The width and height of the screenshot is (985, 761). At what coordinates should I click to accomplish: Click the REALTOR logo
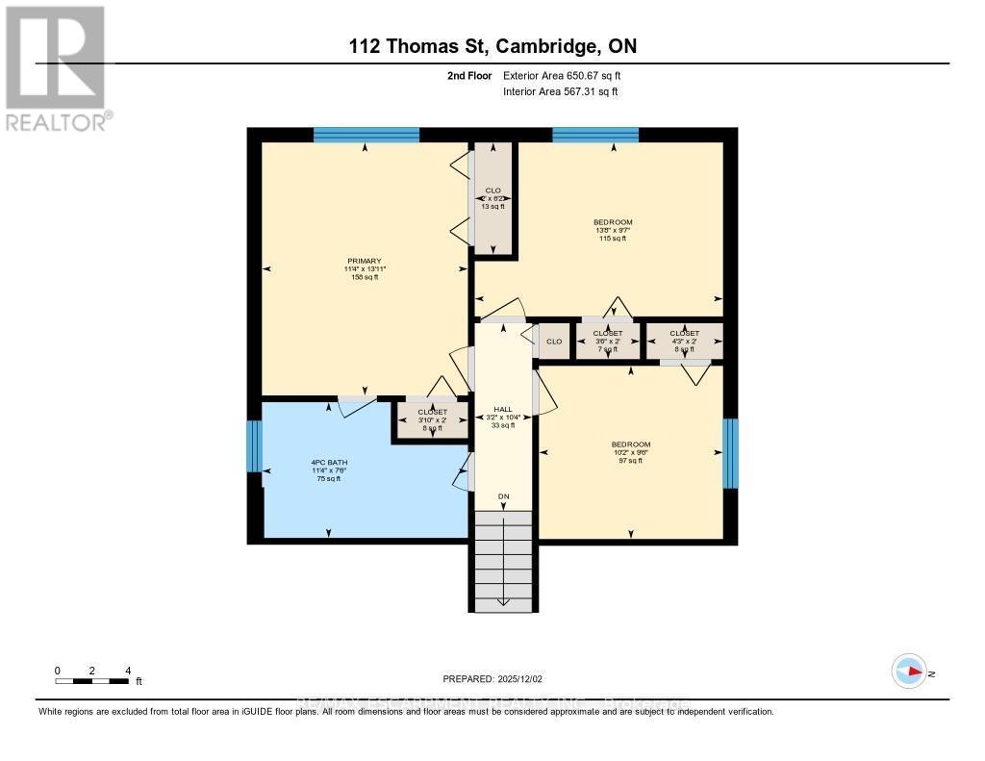56,67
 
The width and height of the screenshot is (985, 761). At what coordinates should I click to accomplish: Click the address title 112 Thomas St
492,46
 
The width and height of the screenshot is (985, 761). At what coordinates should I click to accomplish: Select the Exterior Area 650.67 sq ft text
568,75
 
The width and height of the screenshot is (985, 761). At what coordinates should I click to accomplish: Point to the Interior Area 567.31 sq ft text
560,91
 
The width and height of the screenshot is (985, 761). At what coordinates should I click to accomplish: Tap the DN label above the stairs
502,496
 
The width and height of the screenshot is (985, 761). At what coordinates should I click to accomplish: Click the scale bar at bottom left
92,680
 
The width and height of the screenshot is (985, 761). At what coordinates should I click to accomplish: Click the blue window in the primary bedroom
366,135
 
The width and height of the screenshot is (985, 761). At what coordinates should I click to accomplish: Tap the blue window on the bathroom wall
254,446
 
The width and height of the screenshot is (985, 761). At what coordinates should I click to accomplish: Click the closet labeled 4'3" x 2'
684,341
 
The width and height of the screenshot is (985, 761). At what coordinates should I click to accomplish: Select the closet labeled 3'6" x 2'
607,341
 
